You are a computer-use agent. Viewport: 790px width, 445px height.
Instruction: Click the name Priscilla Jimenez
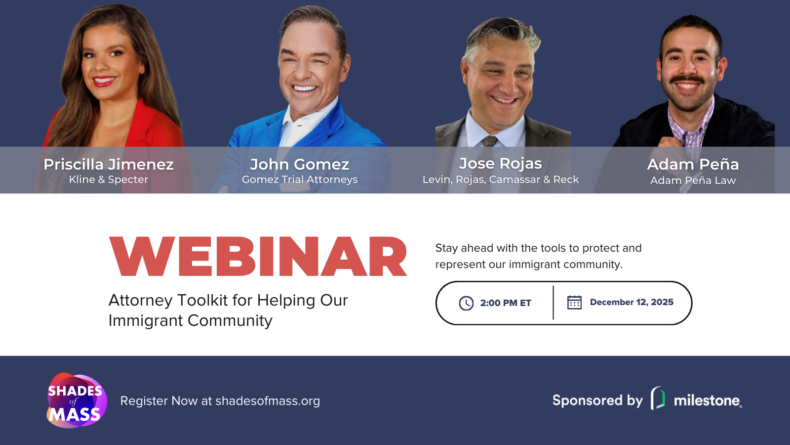pyautogui.click(x=109, y=164)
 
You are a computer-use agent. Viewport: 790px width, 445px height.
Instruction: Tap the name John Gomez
pyautogui.click(x=299, y=164)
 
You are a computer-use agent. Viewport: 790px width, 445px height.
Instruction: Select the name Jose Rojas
pyautogui.click(x=500, y=163)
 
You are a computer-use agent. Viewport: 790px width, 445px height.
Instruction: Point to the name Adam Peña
pyautogui.click(x=693, y=164)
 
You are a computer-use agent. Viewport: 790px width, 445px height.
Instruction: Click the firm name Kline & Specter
pyautogui.click(x=109, y=179)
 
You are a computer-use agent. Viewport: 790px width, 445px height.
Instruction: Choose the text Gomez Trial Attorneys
pyautogui.click(x=300, y=179)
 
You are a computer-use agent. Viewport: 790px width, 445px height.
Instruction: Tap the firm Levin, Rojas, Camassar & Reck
pyautogui.click(x=500, y=179)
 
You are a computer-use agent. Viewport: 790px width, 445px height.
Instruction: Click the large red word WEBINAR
pyautogui.click(x=258, y=257)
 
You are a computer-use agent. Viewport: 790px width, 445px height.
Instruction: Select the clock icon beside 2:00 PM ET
pyautogui.click(x=466, y=303)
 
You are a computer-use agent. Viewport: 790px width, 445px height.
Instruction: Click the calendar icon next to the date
pyautogui.click(x=574, y=302)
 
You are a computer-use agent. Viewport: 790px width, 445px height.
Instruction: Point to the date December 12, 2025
pyautogui.click(x=632, y=302)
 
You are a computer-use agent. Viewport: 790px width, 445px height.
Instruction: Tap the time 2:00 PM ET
pyautogui.click(x=506, y=303)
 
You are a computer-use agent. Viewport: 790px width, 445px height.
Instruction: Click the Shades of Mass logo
pyautogui.click(x=76, y=400)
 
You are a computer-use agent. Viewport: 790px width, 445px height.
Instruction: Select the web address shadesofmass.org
pyautogui.click(x=268, y=401)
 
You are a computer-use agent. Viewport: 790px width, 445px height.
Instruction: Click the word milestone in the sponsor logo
pyautogui.click(x=707, y=400)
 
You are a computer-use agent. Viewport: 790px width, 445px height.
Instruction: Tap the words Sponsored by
pyautogui.click(x=597, y=400)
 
